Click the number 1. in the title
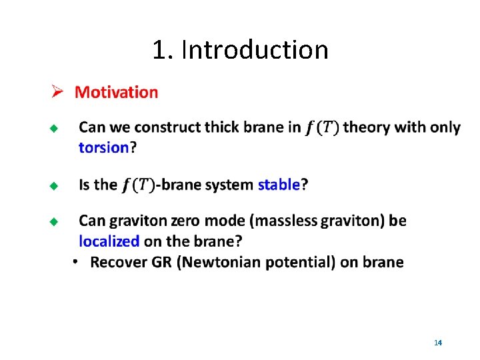163,50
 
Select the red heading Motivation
117,92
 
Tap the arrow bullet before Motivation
58,92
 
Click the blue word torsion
103,147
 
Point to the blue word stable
278,185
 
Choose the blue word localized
109,241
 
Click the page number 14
438,343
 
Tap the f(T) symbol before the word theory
322,127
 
